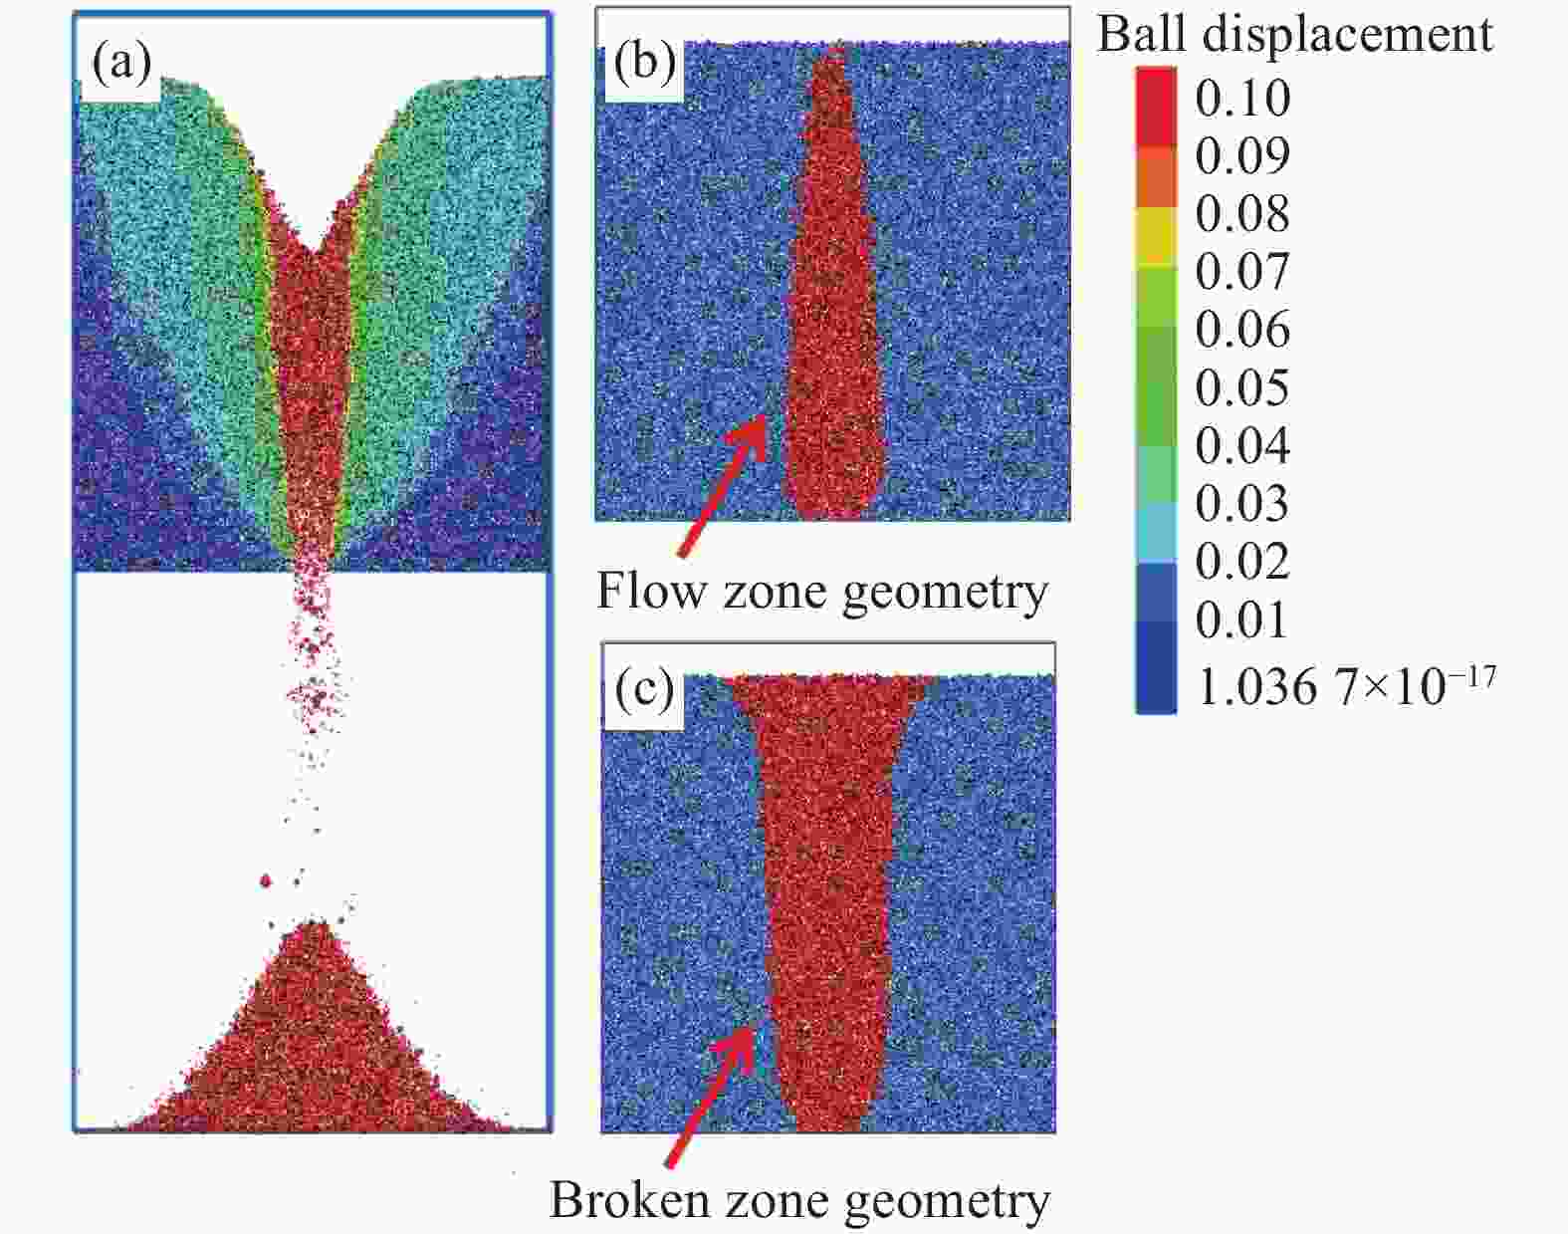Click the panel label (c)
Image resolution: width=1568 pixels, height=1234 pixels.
[644, 689]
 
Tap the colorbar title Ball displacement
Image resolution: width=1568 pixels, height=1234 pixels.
[1294, 34]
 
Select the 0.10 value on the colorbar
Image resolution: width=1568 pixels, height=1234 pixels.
[1242, 98]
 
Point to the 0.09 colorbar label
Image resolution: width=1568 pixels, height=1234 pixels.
[1242, 155]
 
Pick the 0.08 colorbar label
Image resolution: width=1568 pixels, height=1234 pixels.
[1242, 213]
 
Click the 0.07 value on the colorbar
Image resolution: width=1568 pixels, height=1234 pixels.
[1242, 271]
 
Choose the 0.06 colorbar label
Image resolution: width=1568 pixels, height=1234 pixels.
[1242, 330]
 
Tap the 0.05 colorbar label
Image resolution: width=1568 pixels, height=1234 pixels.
[1242, 387]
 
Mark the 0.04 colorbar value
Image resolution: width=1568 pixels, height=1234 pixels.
[1242, 445]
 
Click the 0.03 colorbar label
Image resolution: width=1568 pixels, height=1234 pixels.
[1242, 503]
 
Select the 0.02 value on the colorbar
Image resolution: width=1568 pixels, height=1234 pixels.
[1242, 562]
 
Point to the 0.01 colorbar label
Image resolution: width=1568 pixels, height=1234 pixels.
[1242, 619]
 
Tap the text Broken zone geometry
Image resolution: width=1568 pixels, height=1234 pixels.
[799, 1199]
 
